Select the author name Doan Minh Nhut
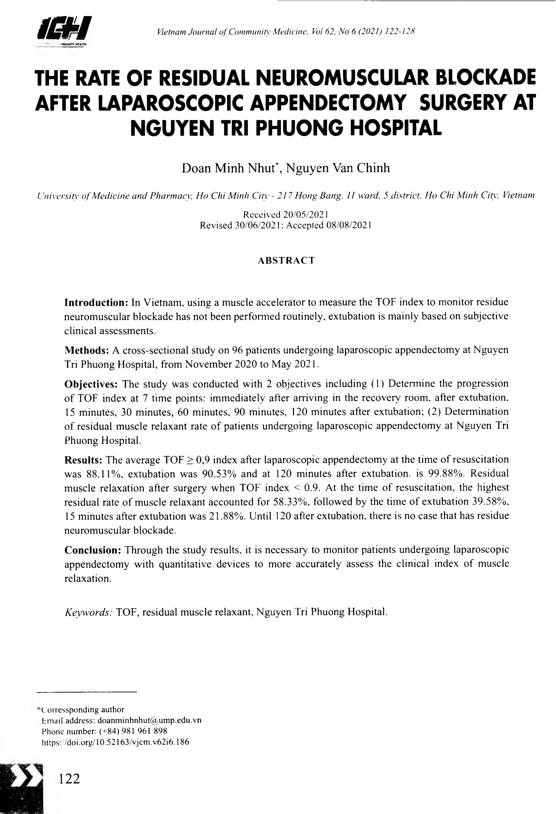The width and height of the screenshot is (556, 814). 230,168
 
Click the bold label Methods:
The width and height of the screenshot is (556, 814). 87,350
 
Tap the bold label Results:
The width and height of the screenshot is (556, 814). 83,460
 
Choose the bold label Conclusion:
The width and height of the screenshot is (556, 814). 93,550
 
